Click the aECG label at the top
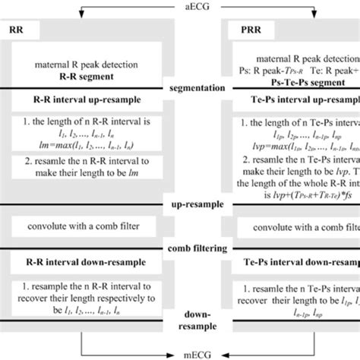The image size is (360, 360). pos(179,6)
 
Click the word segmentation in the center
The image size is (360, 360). pos(180,90)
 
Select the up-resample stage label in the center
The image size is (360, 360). pos(180,206)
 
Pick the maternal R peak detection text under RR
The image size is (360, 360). pos(84,67)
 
